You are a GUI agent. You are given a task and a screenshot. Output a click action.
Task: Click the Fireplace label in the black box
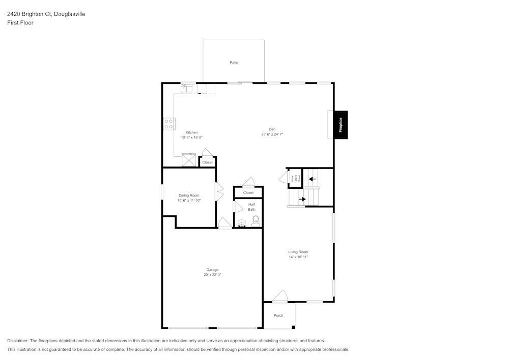pyautogui.click(x=341, y=125)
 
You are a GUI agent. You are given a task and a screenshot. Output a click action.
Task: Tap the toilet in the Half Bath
pyautogui.click(x=256, y=220)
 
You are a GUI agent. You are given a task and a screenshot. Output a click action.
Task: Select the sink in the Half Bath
pyautogui.click(x=242, y=223)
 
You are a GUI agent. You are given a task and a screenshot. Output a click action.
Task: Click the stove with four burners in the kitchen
pyautogui.click(x=169, y=124)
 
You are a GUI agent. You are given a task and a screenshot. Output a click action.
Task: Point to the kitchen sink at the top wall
pyautogui.click(x=186, y=88)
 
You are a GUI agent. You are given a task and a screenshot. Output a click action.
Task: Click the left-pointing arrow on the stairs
pyautogui.click(x=312, y=179)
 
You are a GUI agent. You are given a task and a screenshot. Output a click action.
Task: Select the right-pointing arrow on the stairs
pyautogui.click(x=302, y=199)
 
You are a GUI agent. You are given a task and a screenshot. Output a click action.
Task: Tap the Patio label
pyautogui.click(x=234, y=63)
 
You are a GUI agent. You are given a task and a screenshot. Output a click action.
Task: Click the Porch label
pyautogui.click(x=278, y=316)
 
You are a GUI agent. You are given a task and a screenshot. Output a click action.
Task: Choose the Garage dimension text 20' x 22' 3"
pyautogui.click(x=212, y=275)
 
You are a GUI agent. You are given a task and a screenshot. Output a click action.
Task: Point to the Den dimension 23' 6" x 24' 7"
pyautogui.click(x=272, y=134)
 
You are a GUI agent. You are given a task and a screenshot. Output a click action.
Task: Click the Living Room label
pyautogui.click(x=298, y=252)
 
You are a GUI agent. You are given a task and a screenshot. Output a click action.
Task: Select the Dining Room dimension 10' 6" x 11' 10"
pyautogui.click(x=189, y=201)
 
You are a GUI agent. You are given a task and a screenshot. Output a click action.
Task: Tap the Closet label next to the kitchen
pyautogui.click(x=208, y=162)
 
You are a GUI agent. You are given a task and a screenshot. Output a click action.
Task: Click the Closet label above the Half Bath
pyautogui.click(x=248, y=193)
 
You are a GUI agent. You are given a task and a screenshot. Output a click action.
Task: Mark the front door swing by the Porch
pyautogui.click(x=280, y=296)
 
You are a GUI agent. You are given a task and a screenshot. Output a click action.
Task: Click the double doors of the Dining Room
pyautogui.click(x=219, y=191)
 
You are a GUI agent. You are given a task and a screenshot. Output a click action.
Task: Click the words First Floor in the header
pyautogui.click(x=20, y=23)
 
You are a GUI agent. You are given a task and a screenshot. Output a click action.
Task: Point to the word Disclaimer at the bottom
pyautogui.click(x=18, y=341)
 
